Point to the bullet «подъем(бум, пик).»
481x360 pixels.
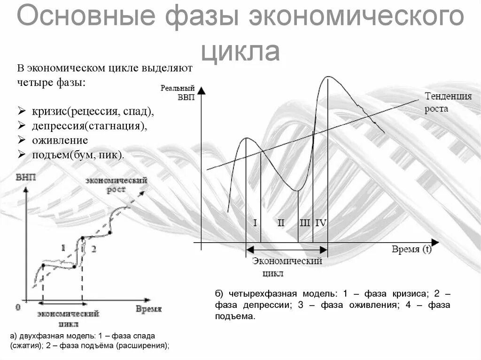[78, 154]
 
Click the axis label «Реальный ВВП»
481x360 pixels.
[177, 92]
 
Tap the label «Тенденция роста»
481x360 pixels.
[448, 102]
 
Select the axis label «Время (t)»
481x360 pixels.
[411, 249]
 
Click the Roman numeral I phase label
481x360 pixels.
[255, 223]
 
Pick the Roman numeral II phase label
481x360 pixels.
[281, 223]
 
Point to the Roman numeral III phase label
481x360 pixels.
[305, 223]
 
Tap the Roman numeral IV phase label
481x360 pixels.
[321, 223]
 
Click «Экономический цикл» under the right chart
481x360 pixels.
[287, 267]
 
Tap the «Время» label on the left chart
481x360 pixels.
[149, 308]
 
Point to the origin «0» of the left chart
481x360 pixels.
[18, 307]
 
